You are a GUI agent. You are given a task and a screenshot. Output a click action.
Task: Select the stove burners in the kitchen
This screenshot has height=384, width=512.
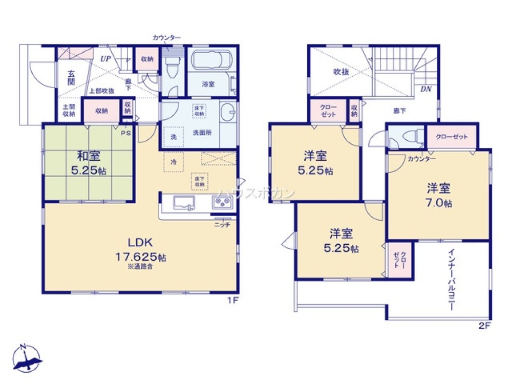[222, 203]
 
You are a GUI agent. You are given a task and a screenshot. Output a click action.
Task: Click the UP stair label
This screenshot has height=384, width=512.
[105, 58]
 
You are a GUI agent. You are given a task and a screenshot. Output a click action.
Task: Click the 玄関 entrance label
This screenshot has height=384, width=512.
[72, 77]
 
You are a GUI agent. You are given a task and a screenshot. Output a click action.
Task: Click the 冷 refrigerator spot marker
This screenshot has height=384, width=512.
[173, 162]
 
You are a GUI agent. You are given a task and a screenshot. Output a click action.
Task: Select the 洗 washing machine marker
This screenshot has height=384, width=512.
[173, 137]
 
